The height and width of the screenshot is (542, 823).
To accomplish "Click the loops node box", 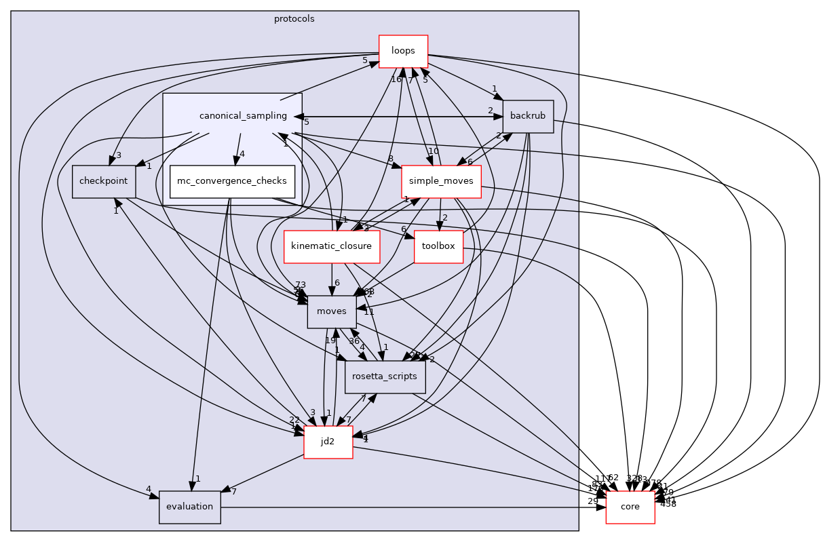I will click(x=402, y=51).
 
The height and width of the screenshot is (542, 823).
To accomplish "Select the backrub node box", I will click(x=527, y=116).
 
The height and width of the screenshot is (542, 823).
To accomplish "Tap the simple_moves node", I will click(x=441, y=181).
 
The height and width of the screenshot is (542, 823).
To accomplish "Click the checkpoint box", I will click(x=104, y=181).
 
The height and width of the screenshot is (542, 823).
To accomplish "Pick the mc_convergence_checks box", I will click(x=232, y=181).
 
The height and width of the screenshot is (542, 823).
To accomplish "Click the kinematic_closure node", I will click(x=331, y=246).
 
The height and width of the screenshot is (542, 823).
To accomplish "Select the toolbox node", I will click(x=438, y=246).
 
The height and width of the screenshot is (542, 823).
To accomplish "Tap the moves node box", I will click(x=332, y=311).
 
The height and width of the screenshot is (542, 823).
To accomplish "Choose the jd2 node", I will click(x=328, y=442).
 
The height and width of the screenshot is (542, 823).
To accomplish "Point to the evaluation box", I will click(x=189, y=507).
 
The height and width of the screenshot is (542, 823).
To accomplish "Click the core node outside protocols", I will click(x=630, y=507).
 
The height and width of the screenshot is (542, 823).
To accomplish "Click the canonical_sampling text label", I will click(x=243, y=116).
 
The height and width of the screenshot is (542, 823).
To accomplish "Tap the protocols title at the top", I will click(x=294, y=18).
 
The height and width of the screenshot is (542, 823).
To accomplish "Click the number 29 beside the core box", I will click(x=593, y=501).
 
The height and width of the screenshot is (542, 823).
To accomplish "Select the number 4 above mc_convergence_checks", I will click(x=242, y=153).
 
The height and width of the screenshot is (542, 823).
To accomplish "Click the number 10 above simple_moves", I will click(x=434, y=151).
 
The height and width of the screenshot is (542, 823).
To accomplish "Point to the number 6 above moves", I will click(x=337, y=283).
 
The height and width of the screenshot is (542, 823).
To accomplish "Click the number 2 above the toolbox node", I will click(x=444, y=218).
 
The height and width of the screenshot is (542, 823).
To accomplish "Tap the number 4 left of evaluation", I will click(x=148, y=489).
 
